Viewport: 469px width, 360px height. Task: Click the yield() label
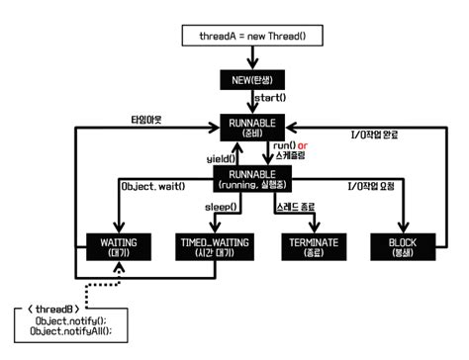(x=221, y=158)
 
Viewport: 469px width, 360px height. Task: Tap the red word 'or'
(x=307, y=145)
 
